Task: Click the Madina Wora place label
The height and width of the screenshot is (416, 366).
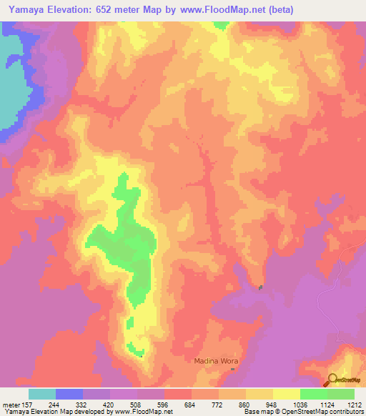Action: (215, 360)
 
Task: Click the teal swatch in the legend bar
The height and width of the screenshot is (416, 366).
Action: (42, 394)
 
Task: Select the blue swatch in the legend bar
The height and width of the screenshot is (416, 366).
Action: (69, 394)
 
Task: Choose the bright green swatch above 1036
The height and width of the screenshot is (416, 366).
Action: (313, 394)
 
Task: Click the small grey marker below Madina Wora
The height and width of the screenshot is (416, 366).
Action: (232, 370)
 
